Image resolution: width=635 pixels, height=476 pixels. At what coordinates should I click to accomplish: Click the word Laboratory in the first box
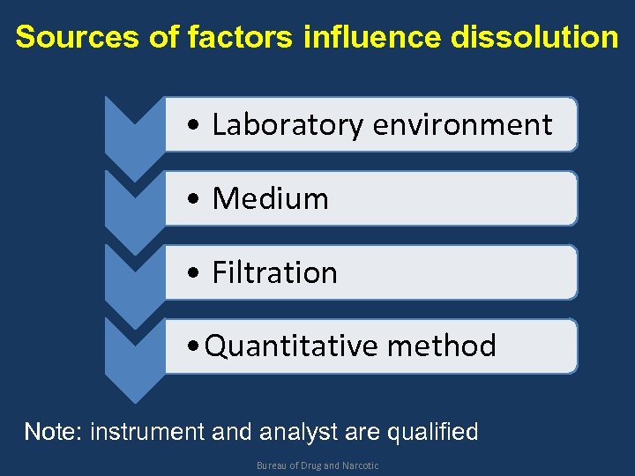coord(288,125)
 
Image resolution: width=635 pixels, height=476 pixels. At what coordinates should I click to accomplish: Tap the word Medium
coord(270,199)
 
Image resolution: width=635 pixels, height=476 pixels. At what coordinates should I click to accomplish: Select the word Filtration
coord(274,273)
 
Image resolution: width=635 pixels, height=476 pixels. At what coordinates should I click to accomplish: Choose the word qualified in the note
coord(434,432)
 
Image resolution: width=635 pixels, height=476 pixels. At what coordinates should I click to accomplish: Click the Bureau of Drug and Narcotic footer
coord(317,465)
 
